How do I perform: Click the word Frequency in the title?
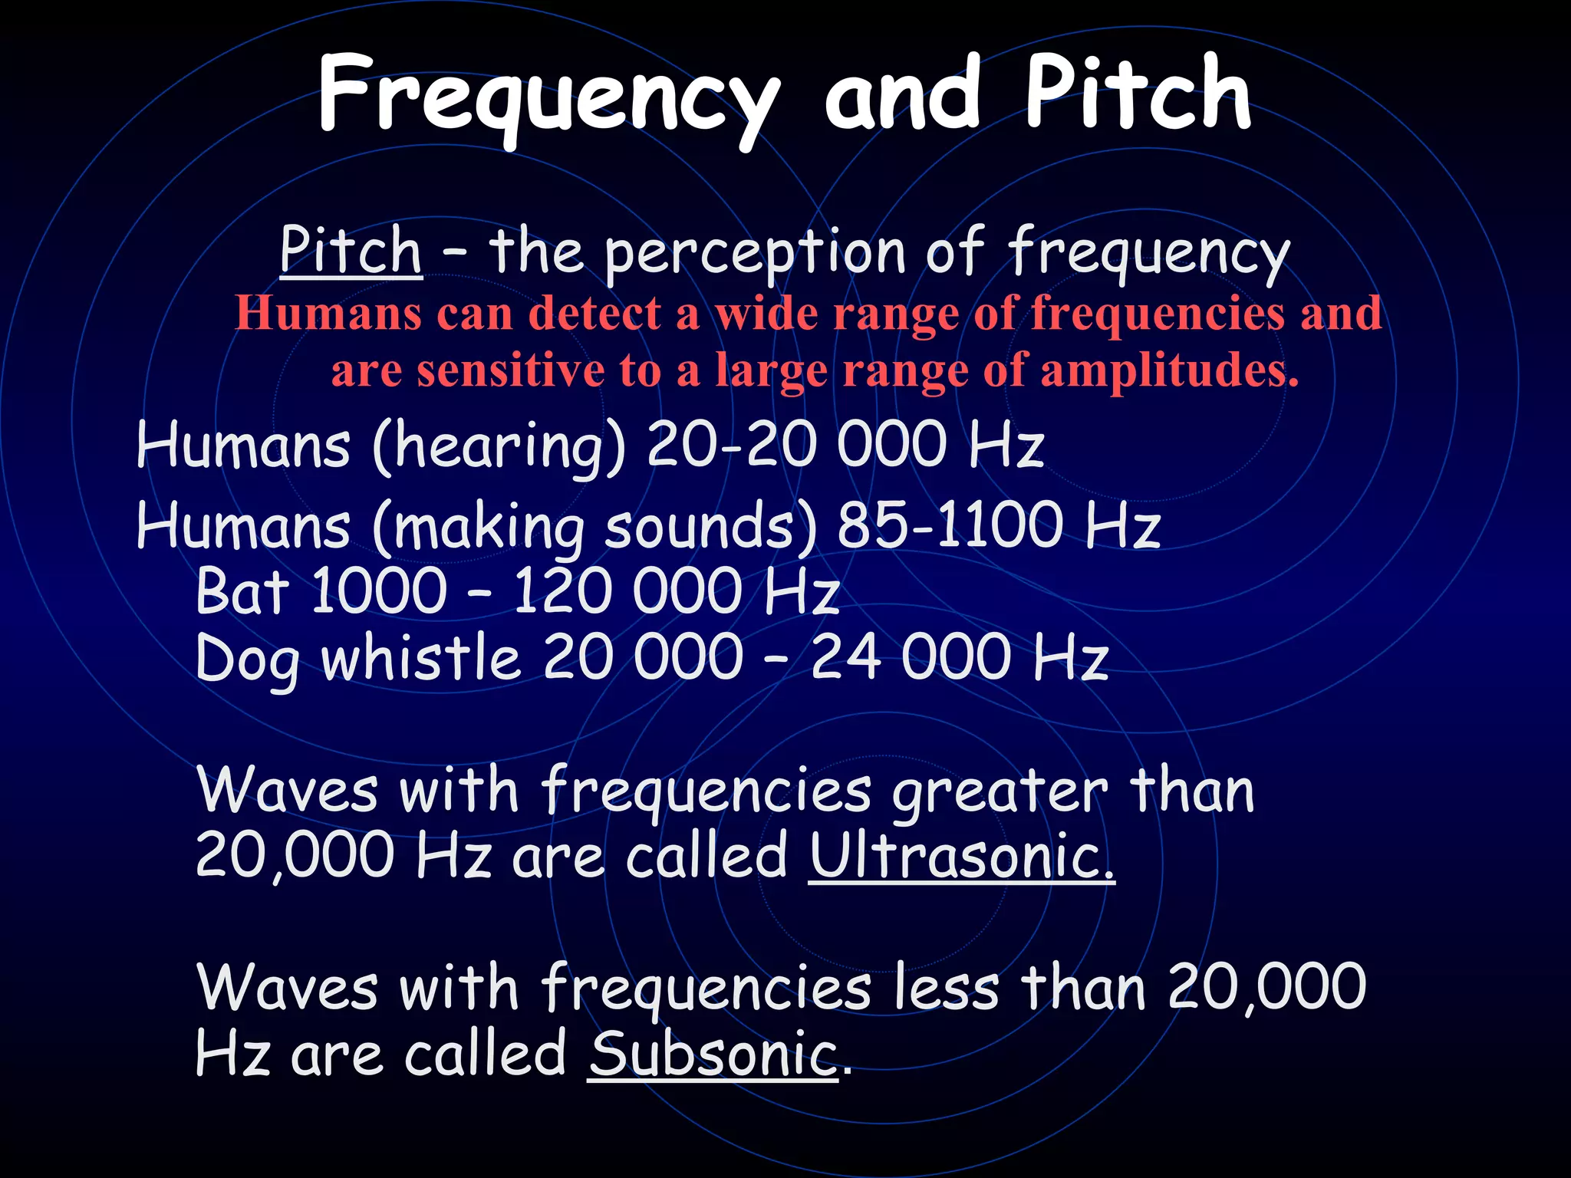click(x=548, y=96)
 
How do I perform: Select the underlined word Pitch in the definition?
click(x=351, y=251)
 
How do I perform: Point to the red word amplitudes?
click(x=1169, y=370)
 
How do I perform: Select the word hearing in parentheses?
click(x=499, y=446)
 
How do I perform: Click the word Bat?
click(x=242, y=591)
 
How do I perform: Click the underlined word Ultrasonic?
click(x=960, y=857)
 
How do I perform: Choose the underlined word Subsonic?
click(x=713, y=1055)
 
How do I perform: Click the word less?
click(x=947, y=988)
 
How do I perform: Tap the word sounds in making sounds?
click(x=710, y=528)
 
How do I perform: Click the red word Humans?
click(x=328, y=314)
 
